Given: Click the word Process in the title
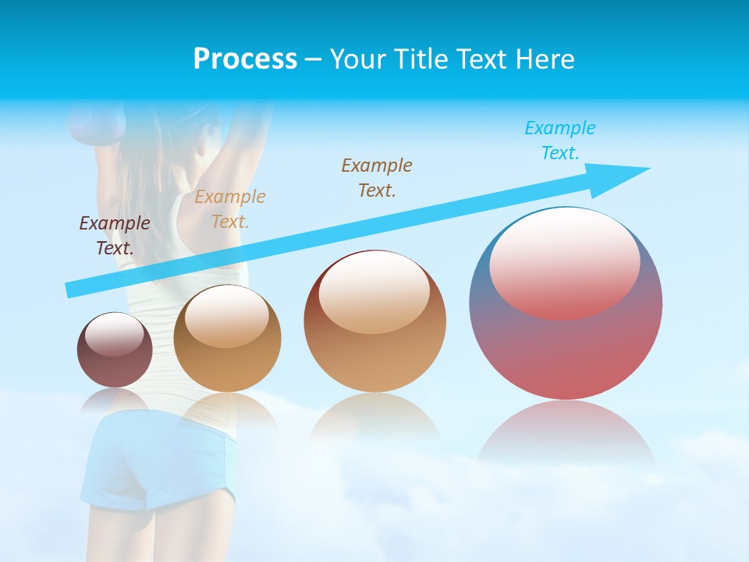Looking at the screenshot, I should tap(245, 59).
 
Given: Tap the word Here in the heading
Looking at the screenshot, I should tap(543, 59).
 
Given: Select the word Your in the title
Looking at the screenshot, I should tap(356, 59).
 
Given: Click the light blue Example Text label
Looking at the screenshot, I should tap(559, 140).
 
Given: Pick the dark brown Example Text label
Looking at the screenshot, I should tap(377, 177).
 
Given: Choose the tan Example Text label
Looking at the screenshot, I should tap(230, 208).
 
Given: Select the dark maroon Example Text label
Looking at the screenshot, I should tap(115, 236).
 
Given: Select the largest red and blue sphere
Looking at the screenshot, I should tap(566, 343).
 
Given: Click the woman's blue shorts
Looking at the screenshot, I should tap(160, 461).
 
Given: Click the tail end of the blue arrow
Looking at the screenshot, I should tap(72, 290).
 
